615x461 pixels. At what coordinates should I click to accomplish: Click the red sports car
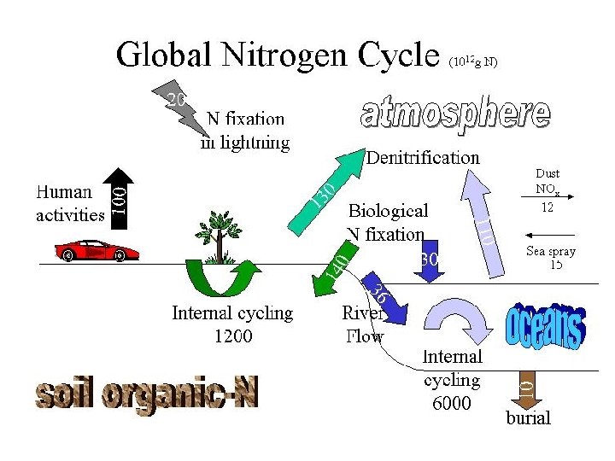coord(96,251)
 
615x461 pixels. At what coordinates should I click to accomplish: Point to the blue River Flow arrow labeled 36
coord(384,299)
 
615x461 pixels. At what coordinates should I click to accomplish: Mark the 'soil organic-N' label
coord(146,394)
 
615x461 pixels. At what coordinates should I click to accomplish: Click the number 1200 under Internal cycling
coord(232,336)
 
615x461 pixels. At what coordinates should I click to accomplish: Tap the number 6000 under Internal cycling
coord(451,403)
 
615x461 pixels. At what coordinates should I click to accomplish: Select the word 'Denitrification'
coord(423,158)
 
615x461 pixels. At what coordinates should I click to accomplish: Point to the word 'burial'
coord(528,417)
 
